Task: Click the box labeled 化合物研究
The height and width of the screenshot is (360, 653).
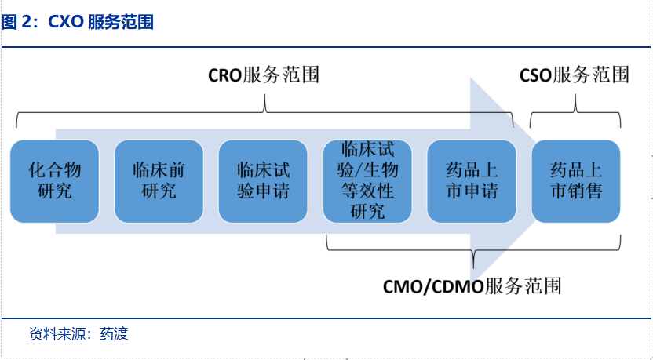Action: click(x=55, y=181)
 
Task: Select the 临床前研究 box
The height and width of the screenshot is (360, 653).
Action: click(x=159, y=181)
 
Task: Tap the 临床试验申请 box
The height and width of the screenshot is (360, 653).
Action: click(x=263, y=181)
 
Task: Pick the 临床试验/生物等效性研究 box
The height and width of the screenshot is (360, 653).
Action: click(x=367, y=181)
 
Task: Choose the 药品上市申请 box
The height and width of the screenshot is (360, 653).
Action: click(x=472, y=181)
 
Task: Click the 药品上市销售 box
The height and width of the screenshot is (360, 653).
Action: click(x=576, y=181)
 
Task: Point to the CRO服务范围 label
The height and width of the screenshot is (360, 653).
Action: click(x=264, y=75)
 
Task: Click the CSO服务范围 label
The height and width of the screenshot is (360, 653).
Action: click(x=575, y=75)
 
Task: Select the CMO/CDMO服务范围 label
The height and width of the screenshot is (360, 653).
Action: click(x=472, y=286)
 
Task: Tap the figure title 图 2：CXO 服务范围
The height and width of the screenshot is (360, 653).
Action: click(x=78, y=22)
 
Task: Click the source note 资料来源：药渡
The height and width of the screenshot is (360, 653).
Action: click(x=78, y=334)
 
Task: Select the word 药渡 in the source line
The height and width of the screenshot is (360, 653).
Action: click(x=114, y=334)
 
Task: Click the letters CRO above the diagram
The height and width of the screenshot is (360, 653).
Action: click(x=225, y=76)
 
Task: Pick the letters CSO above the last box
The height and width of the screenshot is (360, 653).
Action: click(x=535, y=76)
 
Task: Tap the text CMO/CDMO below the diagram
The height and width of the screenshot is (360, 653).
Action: click(x=433, y=286)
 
